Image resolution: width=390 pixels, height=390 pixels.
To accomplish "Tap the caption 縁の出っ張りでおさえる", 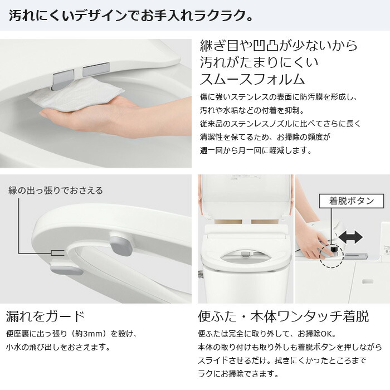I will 55,191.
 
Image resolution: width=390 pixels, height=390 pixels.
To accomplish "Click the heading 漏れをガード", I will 46,316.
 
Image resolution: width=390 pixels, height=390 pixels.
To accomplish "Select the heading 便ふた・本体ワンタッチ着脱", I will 283,316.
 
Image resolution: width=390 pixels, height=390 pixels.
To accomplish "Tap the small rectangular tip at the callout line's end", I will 55,252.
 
